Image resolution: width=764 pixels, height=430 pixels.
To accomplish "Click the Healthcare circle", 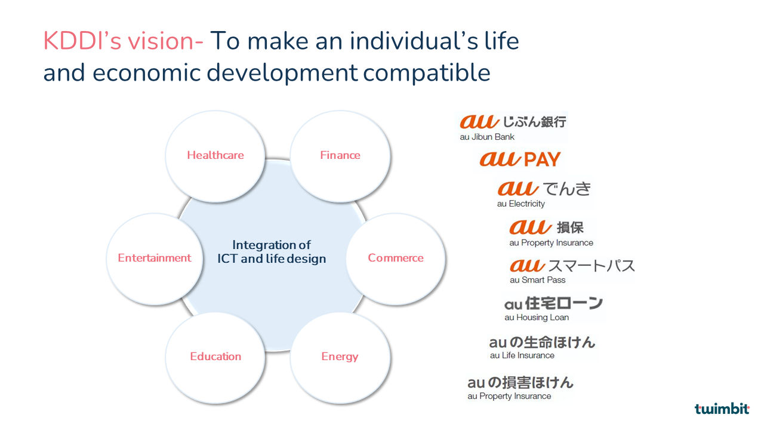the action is click(215, 156).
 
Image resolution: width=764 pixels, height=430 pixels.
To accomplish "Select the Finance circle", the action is click(340, 156).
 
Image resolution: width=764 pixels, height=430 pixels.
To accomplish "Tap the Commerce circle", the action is click(396, 259).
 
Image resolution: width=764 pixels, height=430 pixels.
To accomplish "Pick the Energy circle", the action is click(340, 358).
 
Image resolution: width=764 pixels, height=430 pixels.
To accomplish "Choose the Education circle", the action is click(215, 358).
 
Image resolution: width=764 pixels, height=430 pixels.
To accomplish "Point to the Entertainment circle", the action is click(155, 259).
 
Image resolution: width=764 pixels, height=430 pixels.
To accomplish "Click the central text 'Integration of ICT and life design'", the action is click(272, 252).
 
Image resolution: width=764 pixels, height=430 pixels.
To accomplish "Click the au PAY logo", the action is click(520, 159).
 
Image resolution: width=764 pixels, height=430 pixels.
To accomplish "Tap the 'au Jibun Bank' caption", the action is click(486, 137).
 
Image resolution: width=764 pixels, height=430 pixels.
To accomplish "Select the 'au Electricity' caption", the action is click(521, 204).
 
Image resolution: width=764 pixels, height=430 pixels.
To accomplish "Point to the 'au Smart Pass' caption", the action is click(538, 280).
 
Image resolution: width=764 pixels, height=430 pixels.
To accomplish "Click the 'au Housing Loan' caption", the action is click(537, 317).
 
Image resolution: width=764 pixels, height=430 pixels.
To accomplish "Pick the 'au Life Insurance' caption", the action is click(522, 355).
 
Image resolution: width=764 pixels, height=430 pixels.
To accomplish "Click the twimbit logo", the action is click(722, 408).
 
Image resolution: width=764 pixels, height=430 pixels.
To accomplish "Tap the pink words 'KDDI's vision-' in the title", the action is click(123, 41).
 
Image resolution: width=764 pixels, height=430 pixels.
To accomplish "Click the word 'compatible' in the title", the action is click(426, 73).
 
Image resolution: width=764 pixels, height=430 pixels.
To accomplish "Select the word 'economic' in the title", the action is click(147, 73).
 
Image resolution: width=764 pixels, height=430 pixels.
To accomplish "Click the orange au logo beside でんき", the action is click(517, 188).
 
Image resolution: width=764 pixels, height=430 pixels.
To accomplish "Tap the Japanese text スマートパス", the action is click(592, 266).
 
